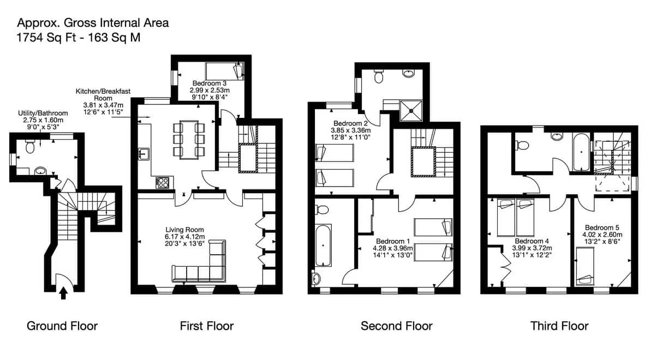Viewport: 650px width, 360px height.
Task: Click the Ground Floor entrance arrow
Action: [63, 293]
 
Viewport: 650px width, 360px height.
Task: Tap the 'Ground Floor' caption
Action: [62, 326]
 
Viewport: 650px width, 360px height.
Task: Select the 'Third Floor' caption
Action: [559, 326]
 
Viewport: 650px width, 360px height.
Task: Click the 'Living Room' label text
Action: [184, 230]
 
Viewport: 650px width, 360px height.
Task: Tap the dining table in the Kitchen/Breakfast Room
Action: [189, 140]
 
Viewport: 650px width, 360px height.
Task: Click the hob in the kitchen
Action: [163, 182]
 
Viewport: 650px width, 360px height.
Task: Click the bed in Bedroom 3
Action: [224, 71]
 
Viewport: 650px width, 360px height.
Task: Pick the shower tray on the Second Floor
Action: [411, 111]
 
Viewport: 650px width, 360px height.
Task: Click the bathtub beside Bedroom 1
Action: [323, 245]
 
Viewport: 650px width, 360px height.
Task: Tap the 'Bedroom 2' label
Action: [350, 123]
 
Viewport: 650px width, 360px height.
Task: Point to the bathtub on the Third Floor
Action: [581, 152]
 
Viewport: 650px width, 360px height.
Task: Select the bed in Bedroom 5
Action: [585, 266]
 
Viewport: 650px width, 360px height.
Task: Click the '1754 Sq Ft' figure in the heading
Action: [46, 38]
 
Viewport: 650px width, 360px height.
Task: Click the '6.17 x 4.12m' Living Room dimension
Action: [184, 237]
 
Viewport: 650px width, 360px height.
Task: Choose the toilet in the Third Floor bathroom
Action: [522, 146]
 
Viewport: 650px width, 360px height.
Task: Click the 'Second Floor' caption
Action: [396, 326]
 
